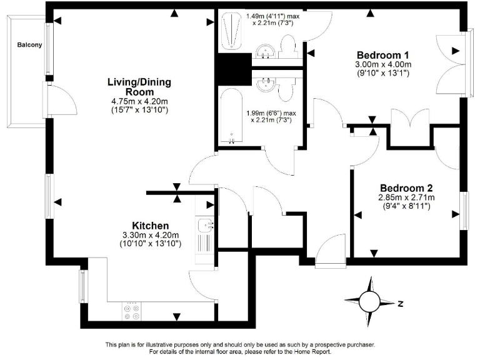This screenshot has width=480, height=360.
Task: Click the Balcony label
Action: click(x=29, y=45)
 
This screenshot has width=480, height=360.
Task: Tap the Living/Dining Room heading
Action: click(x=139, y=87)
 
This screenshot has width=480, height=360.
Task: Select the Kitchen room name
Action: click(x=150, y=226)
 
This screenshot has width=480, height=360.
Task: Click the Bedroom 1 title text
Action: click(x=383, y=54)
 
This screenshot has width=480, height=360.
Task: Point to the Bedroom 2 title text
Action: click(x=407, y=188)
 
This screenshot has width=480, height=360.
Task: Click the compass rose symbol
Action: click(x=370, y=302)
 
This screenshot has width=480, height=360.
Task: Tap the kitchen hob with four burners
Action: click(x=132, y=312)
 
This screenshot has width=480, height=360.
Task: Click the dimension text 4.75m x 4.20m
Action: click(x=139, y=101)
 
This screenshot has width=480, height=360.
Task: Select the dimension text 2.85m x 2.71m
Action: click(x=406, y=198)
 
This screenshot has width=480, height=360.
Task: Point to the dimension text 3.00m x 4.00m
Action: click(x=383, y=64)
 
